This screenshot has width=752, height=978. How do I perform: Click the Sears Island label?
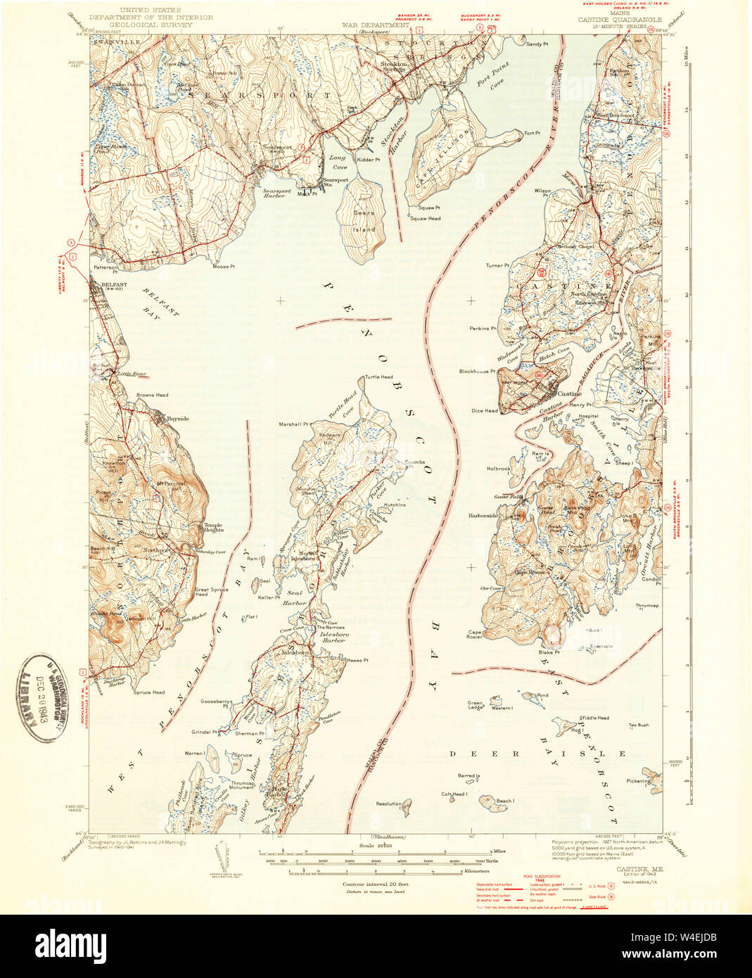point(364,220)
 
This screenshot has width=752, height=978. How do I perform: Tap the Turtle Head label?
point(378,377)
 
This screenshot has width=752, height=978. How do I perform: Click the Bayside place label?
point(177,419)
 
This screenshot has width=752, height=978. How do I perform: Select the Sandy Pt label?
point(537,44)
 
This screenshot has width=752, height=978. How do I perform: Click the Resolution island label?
point(388,804)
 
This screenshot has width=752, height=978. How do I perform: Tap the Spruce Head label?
point(148,692)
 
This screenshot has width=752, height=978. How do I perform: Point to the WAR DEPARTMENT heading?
point(375,25)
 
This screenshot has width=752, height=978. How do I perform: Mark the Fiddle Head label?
point(594,718)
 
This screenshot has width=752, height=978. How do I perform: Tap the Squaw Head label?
point(426,219)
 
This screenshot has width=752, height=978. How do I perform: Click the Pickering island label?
point(639,781)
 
